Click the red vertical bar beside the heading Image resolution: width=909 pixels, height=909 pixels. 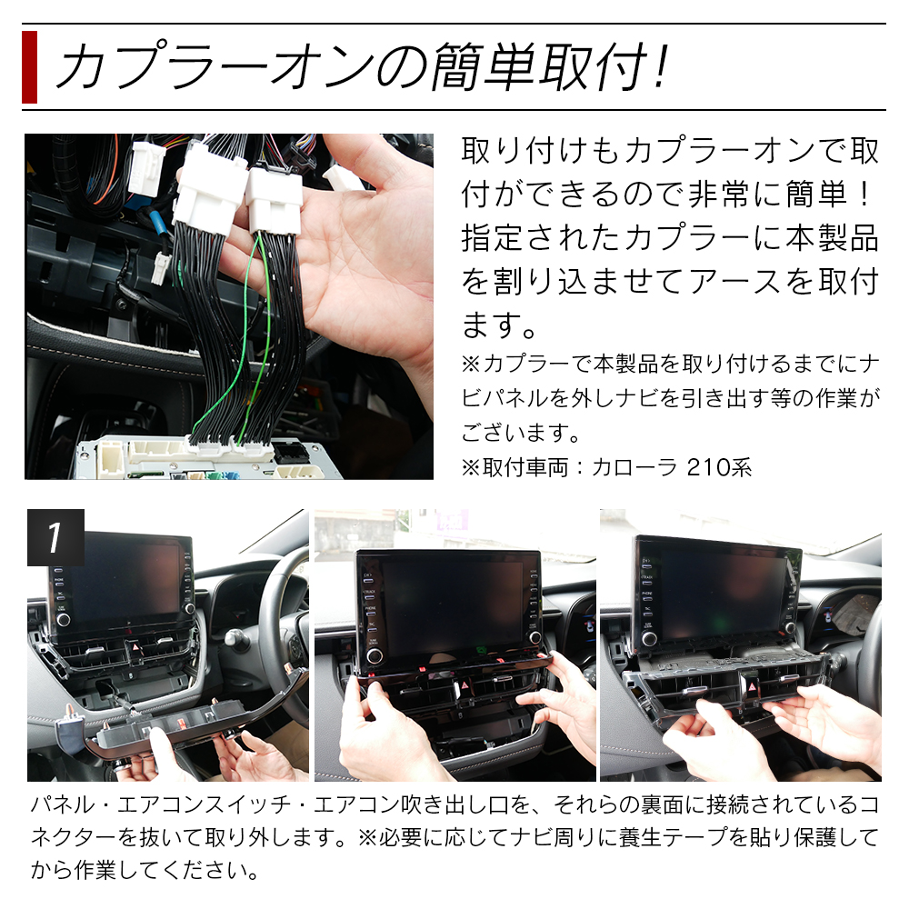tap(30, 67)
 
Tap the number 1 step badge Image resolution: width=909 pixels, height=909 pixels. tap(55, 537)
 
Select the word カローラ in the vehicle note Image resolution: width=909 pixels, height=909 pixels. tap(634, 467)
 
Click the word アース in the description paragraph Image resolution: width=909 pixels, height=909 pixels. tap(735, 282)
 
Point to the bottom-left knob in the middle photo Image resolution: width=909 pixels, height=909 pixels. tap(374, 656)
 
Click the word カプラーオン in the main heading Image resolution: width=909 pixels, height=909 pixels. tap(215, 67)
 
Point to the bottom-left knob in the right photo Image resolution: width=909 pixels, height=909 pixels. tap(650, 639)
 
